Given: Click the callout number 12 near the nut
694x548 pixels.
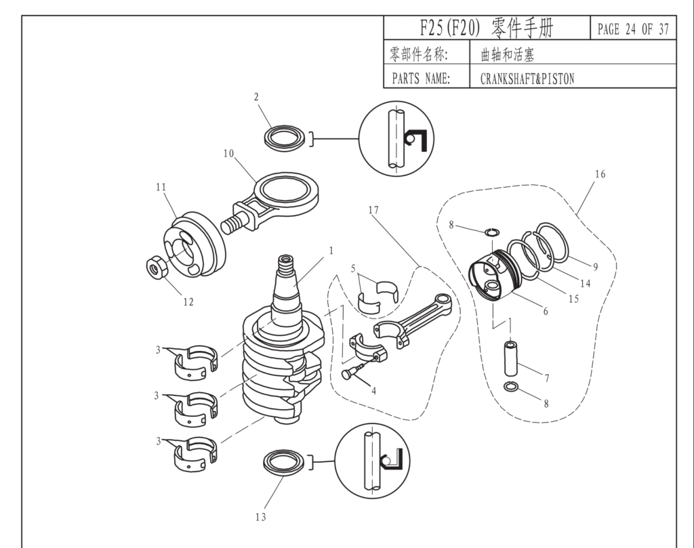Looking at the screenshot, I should [188, 302].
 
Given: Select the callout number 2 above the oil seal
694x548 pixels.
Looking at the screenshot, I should [256, 97].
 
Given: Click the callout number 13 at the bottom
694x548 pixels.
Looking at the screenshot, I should [261, 518].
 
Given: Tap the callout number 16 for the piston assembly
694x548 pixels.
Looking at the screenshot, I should [600, 174].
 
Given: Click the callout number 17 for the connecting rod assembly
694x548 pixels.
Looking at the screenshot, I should [373, 210].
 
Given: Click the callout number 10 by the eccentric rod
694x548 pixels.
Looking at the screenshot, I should [229, 153].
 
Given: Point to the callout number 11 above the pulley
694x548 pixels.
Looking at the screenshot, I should [161, 187].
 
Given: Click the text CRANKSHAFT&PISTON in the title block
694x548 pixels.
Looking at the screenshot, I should [527, 79].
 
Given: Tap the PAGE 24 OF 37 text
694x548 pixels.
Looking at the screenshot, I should [633, 29].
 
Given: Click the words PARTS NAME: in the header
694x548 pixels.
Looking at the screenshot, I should [421, 79].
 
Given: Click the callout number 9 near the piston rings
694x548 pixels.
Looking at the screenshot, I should [595, 266].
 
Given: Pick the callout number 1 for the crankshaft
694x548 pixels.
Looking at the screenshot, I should [331, 250].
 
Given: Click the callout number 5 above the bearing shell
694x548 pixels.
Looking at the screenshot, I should [352, 268].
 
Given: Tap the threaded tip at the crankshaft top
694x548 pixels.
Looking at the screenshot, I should [285, 261].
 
